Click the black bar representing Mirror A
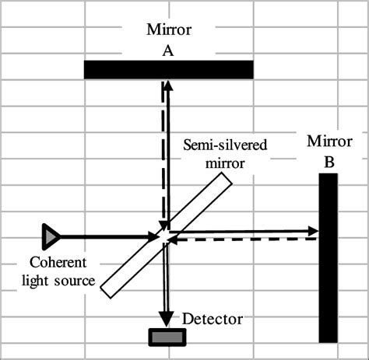click(x=169, y=69)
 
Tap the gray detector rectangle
click(x=168, y=336)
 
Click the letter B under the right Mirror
click(x=329, y=163)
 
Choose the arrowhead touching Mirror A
click(x=166, y=85)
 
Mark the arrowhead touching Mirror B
click(x=313, y=230)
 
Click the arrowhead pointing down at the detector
click(x=166, y=318)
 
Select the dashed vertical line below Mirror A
click(x=162, y=156)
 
